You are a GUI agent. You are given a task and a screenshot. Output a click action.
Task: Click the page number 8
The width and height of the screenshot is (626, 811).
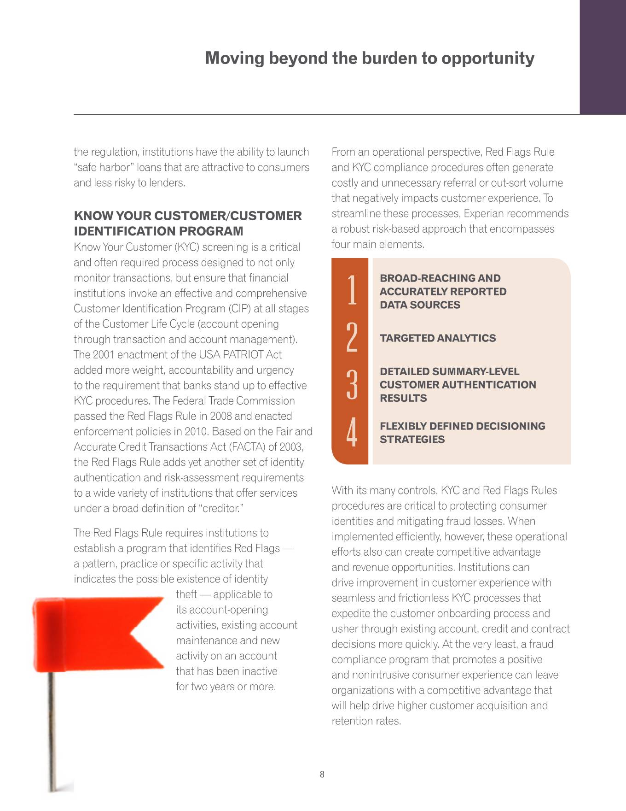click(322, 775)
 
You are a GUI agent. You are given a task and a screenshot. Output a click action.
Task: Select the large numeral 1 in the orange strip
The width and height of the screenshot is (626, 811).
click(352, 290)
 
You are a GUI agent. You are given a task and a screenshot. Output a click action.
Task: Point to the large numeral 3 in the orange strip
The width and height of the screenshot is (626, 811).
click(352, 384)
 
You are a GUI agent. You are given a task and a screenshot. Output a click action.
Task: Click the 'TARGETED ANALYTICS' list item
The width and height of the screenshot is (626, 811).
click(438, 338)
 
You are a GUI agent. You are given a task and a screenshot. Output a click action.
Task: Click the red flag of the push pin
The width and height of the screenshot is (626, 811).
click(97, 634)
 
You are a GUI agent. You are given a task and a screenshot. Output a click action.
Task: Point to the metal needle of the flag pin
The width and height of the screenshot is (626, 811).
click(52, 737)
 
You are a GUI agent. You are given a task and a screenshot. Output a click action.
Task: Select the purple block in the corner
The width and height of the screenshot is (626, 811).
click(603, 57)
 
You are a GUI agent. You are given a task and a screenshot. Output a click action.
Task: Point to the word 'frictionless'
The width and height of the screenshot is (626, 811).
click(423, 598)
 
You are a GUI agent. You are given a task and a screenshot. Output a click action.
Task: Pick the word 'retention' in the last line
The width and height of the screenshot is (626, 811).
click(352, 721)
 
